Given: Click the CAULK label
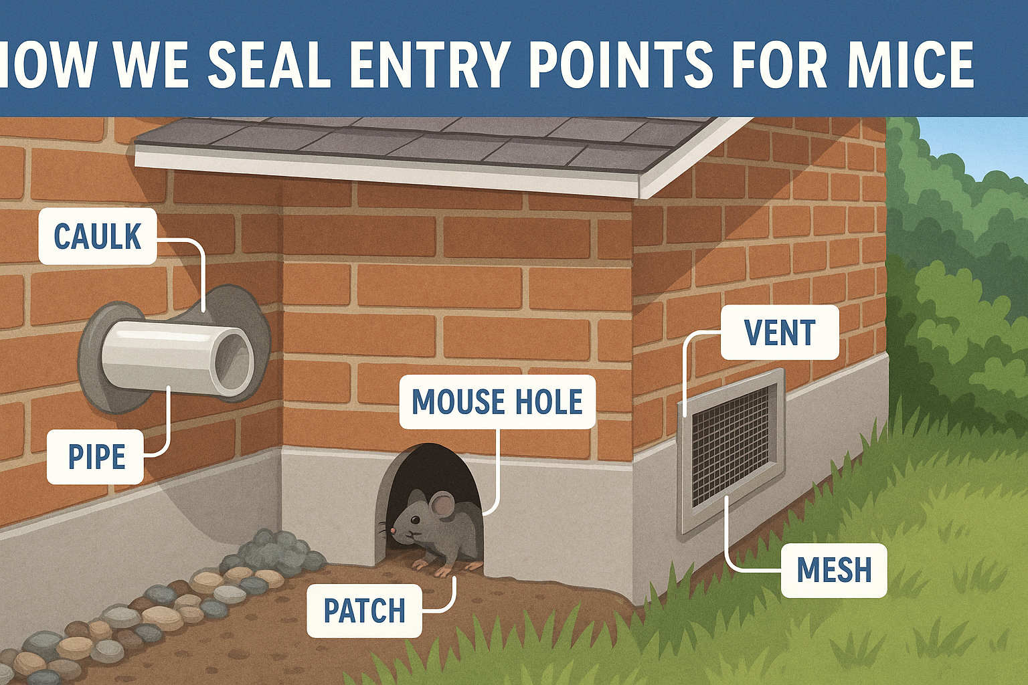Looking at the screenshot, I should coord(98,236).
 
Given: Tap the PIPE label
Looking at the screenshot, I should coord(96,457).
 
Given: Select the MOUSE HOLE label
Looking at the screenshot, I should coord(497,401).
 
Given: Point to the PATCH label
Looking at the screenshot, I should coord(364,610).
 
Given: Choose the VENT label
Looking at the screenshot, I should coord(780,332).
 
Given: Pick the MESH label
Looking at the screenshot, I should coord(834,570).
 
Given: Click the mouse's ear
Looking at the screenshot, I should coord(442,507).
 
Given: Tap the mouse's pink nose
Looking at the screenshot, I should coord(394,531).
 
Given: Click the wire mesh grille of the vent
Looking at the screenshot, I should coord(731,445).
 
